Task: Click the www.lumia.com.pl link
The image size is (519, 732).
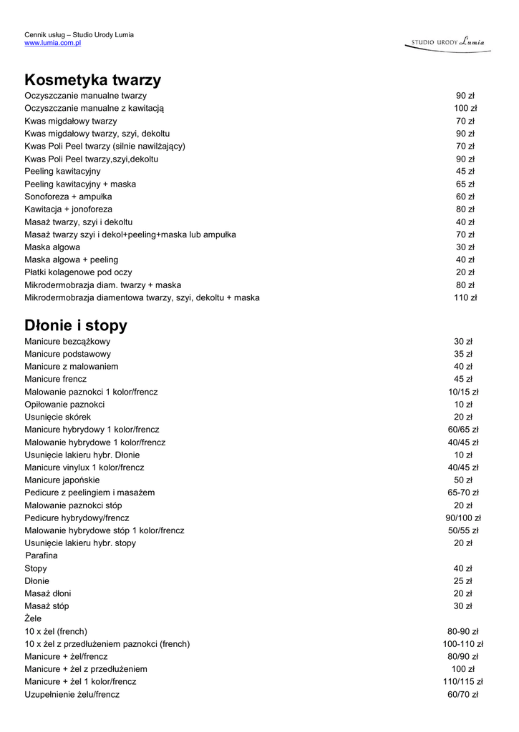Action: pyautogui.click(x=52, y=43)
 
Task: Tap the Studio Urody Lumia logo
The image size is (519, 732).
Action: pyautogui.click(x=447, y=42)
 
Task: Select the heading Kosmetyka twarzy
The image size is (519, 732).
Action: pyautogui.click(x=92, y=80)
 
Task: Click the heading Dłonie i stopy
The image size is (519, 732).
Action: pyautogui.click(x=76, y=326)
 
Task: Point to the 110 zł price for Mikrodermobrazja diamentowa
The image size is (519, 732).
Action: pyautogui.click(x=465, y=297)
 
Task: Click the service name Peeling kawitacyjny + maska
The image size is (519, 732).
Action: pyautogui.click(x=80, y=184)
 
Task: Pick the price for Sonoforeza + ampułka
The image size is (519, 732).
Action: pyautogui.click(x=465, y=197)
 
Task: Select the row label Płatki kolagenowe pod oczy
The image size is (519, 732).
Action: pyautogui.click(x=78, y=272)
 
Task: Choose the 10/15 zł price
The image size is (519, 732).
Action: pyautogui.click(x=463, y=392)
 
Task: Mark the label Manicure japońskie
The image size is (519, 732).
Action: pyautogui.click(x=62, y=480)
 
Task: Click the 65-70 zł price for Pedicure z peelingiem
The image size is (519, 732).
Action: pyautogui.click(x=463, y=493)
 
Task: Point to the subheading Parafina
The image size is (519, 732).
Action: pyautogui.click(x=42, y=555)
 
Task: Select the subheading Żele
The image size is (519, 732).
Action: pyautogui.click(x=33, y=618)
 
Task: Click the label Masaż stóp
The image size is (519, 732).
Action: pyautogui.click(x=47, y=606)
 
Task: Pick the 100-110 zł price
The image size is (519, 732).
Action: pyautogui.click(x=463, y=644)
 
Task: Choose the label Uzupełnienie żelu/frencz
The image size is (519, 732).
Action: pyautogui.click(x=72, y=694)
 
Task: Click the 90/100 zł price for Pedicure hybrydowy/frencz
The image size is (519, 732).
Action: pyautogui.click(x=463, y=518)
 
